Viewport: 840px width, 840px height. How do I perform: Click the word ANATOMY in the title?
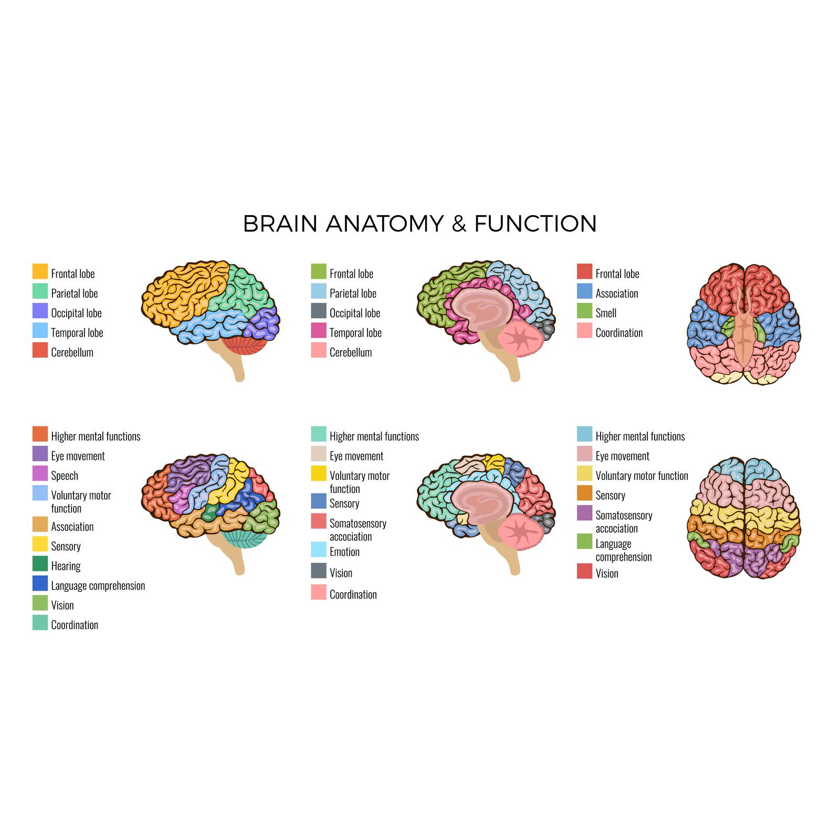pyautogui.click(x=384, y=224)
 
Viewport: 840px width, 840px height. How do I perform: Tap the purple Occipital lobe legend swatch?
pyautogui.click(x=40, y=311)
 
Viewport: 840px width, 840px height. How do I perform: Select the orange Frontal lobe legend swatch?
pyautogui.click(x=40, y=272)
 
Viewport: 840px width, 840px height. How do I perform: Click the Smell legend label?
pyautogui.click(x=606, y=313)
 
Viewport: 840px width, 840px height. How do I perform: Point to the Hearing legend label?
pyautogui.click(x=66, y=566)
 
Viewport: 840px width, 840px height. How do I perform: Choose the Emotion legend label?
pyautogui.click(x=344, y=552)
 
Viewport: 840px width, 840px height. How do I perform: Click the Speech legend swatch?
pyautogui.click(x=40, y=474)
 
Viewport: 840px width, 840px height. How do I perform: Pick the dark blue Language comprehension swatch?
pyautogui.click(x=40, y=584)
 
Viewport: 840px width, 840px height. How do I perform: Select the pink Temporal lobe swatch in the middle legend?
pyautogui.click(x=319, y=331)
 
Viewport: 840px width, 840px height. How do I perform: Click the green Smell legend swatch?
pyautogui.click(x=584, y=311)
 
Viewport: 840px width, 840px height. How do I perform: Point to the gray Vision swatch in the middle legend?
pyautogui.click(x=319, y=571)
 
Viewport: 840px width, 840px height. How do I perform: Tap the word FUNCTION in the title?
pyautogui.click(x=535, y=224)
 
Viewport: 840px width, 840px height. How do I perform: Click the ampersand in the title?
pyautogui.click(x=459, y=224)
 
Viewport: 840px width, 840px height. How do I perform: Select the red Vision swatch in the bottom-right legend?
pyautogui.click(x=584, y=571)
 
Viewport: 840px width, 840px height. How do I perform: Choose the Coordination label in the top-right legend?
pyautogui.click(x=619, y=333)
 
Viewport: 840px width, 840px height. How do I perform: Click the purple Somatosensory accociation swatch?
pyautogui.click(x=584, y=513)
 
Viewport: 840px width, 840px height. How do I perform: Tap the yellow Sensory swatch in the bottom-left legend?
pyautogui.click(x=40, y=544)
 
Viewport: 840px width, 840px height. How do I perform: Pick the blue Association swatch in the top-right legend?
pyautogui.click(x=584, y=291)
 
